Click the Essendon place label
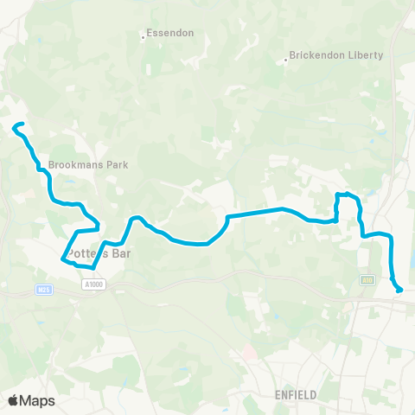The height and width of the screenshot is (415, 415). pos(170,33)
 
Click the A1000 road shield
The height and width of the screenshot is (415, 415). pos(95,283)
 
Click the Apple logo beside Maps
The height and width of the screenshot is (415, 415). pos(13,400)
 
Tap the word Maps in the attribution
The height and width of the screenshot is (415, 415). pos(38,400)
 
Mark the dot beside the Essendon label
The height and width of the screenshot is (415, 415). pos(144,37)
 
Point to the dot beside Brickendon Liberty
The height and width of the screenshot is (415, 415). pos(286,60)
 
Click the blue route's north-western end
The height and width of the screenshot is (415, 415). pos(15,128)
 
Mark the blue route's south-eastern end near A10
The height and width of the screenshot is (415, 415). pos(399,290)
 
